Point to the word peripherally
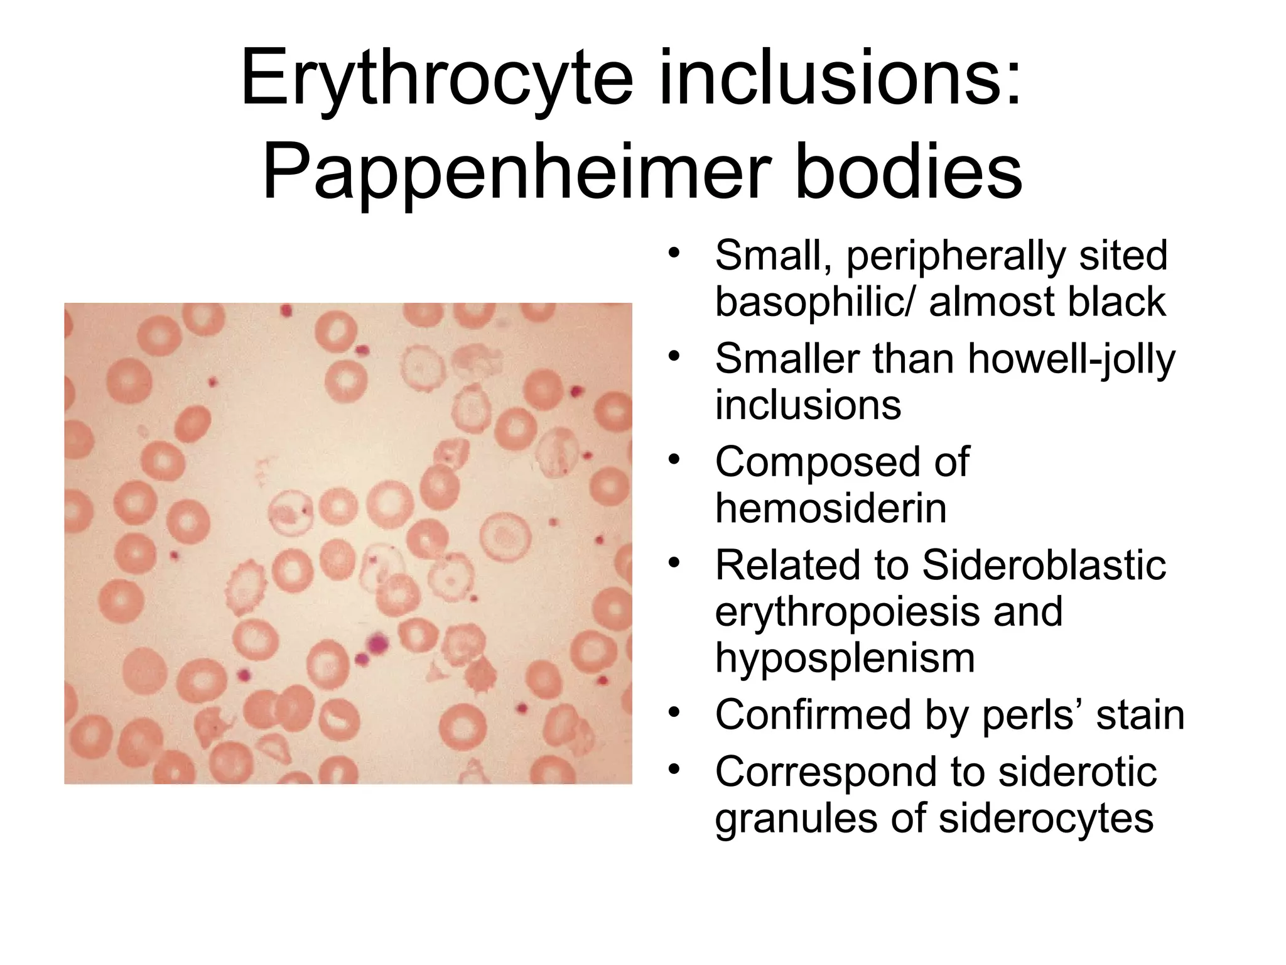pyautogui.click(x=956, y=256)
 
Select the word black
pyautogui.click(x=1116, y=302)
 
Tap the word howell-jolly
pyautogui.click(x=1071, y=359)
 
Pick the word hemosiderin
pyautogui.click(x=830, y=508)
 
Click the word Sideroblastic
pyautogui.click(x=1044, y=565)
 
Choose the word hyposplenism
pyautogui.click(x=845, y=658)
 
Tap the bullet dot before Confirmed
pyautogui.click(x=674, y=712)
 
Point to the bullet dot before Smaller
pyautogui.click(x=674, y=356)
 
